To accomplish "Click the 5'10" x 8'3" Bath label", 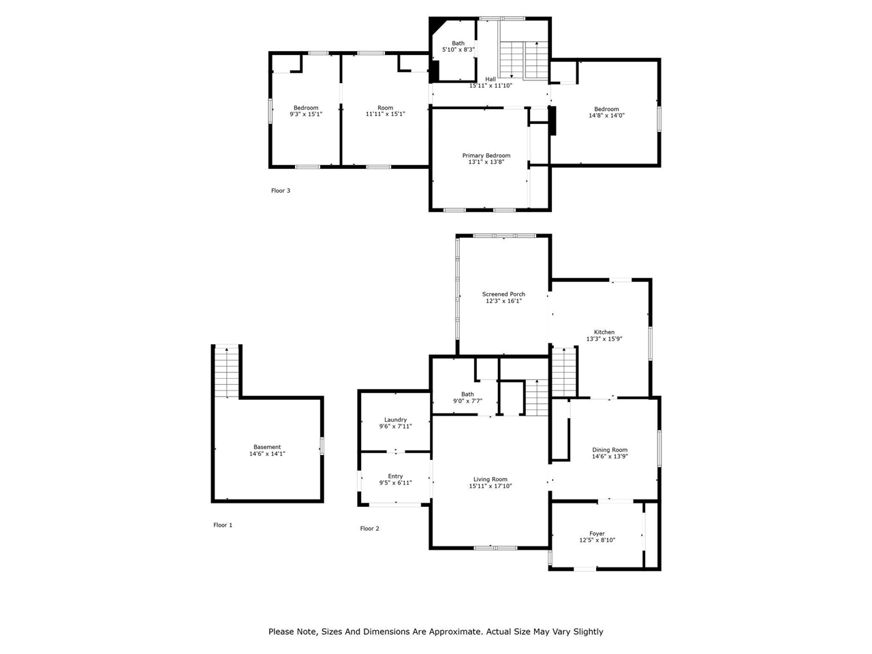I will [x=458, y=46].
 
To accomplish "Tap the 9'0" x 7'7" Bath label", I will [x=467, y=398].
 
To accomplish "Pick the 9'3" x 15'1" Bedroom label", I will [x=306, y=111].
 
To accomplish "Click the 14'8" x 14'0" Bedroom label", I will [x=606, y=112].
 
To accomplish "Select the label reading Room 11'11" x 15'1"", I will [x=385, y=111].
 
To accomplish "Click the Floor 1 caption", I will [x=223, y=525].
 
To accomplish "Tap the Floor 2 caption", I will [x=369, y=529].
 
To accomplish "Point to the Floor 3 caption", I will [x=281, y=191].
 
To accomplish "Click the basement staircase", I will [x=226, y=371].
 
